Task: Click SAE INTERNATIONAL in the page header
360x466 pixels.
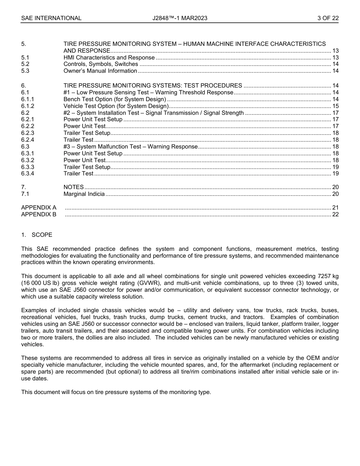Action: click(x=51, y=18)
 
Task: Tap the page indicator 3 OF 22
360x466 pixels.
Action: click(x=328, y=18)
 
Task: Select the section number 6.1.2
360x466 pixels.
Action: click(x=28, y=106)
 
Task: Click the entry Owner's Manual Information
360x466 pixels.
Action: click(x=100, y=71)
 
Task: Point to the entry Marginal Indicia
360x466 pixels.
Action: click(x=84, y=194)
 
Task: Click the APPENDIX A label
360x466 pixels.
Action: click(x=39, y=208)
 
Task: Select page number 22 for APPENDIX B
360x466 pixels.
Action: click(x=335, y=214)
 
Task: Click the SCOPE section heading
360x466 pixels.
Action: click(x=42, y=235)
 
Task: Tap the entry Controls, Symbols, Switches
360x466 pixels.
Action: click(x=100, y=64)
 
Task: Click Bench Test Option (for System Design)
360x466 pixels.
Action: click(x=114, y=99)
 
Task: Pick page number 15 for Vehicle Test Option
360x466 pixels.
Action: click(x=335, y=106)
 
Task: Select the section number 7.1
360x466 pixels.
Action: click(x=25, y=194)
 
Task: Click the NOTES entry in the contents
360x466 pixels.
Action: click(x=74, y=187)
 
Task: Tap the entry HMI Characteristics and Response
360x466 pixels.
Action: click(x=109, y=58)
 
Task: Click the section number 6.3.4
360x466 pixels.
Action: click(x=28, y=174)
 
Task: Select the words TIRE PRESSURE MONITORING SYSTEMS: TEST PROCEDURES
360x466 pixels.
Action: click(x=153, y=86)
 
